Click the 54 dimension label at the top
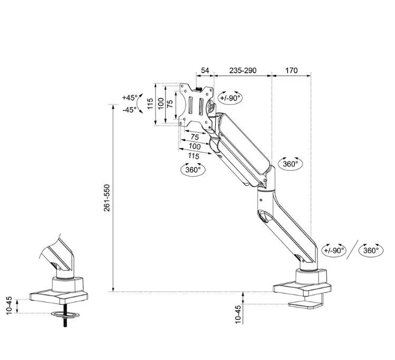click(205, 70)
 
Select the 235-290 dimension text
click(243, 70)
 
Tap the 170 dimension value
click(291, 70)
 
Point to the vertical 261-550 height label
click(107, 198)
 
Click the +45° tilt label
click(130, 98)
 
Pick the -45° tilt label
click(130, 110)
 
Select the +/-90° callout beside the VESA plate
click(230, 98)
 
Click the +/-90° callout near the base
click(334, 250)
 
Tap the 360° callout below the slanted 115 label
click(193, 169)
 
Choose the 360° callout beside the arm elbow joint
click(291, 163)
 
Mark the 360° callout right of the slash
click(371, 250)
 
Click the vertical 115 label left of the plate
click(150, 103)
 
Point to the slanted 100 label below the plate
click(195, 146)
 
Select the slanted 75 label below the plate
click(195, 137)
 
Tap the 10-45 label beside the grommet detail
click(9, 306)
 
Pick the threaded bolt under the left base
click(65, 315)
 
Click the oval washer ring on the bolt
click(65, 315)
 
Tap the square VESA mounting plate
click(196, 107)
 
